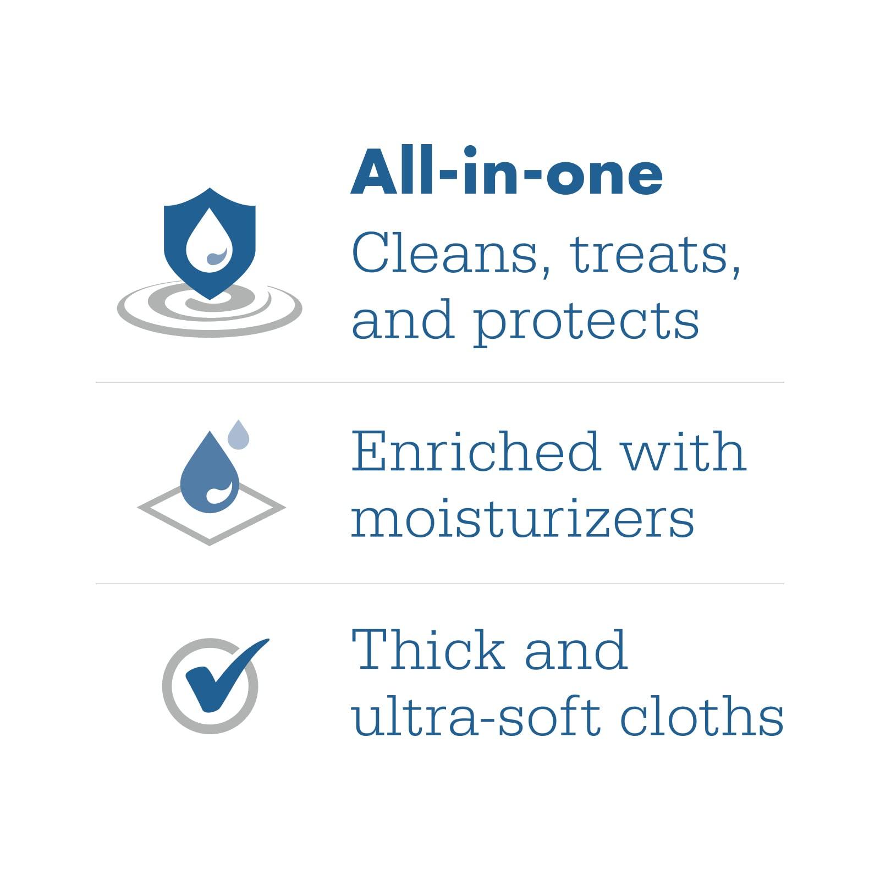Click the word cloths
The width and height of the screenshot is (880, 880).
702,716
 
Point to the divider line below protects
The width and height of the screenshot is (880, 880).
440,382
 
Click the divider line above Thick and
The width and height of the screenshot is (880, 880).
440,584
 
